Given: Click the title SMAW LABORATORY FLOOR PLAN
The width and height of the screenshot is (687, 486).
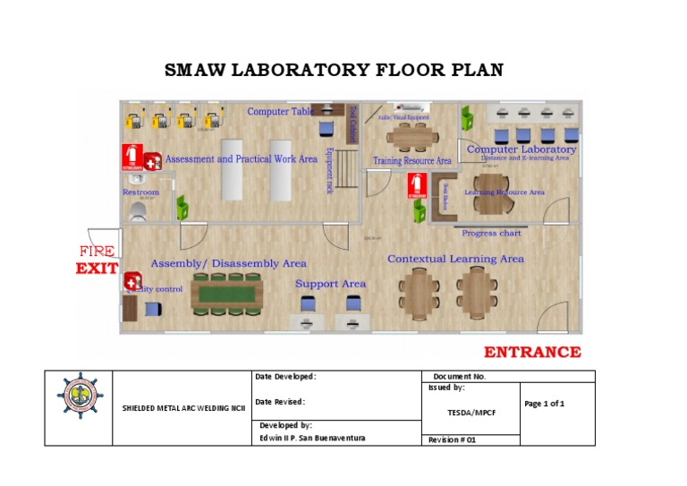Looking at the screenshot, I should coord(335,70).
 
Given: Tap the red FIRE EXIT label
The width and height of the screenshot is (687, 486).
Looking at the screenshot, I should coord(97,260).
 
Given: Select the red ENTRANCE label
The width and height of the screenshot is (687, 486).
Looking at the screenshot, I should coord(532,352).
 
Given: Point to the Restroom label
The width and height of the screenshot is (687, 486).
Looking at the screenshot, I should coord(140,192).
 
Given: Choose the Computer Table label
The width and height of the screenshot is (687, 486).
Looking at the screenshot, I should coord(280,112).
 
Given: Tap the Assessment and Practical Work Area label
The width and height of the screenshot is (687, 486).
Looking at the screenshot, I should coord(241,159).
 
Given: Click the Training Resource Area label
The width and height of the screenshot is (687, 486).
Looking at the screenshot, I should coord(411,161).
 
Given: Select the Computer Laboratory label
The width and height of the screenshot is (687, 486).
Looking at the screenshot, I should coord(521,149).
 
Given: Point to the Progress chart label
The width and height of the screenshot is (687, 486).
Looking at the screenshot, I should coord(491,234).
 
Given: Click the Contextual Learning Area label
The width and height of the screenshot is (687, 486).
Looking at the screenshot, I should coord(455,260).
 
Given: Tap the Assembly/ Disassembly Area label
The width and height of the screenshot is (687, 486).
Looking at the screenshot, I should coord(228,264).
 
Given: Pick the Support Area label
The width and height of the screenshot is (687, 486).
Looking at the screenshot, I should coord(330,284).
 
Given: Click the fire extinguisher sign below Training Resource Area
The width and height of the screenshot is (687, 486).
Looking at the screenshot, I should coord(417,185).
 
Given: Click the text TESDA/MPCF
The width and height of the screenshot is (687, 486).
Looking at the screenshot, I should coord(468,413).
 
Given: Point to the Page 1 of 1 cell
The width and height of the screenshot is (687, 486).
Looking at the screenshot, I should coord(544,404).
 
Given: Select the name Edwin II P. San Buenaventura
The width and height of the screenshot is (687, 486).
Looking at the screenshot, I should coord(311,438).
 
